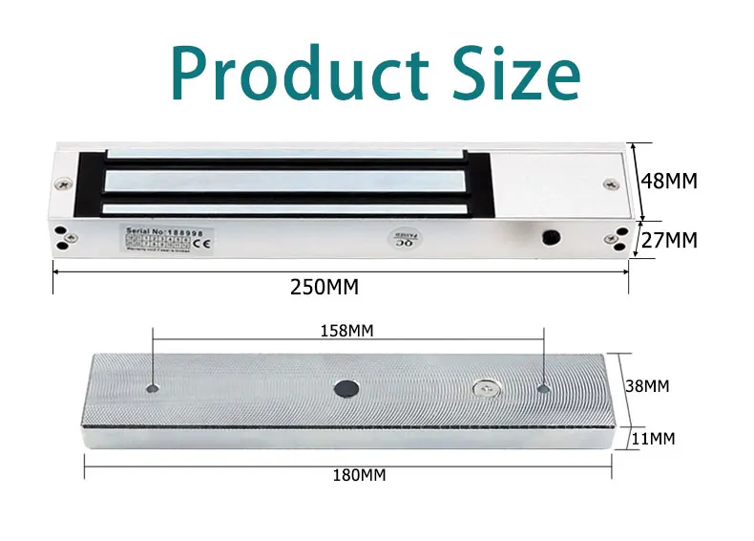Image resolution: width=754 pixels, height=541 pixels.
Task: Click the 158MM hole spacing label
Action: [346, 331]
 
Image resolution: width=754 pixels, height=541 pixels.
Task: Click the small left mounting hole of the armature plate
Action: [153, 388]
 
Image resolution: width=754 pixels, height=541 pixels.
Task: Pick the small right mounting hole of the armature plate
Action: [543, 389]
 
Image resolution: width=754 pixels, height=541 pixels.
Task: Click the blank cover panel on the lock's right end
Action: [549, 182]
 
